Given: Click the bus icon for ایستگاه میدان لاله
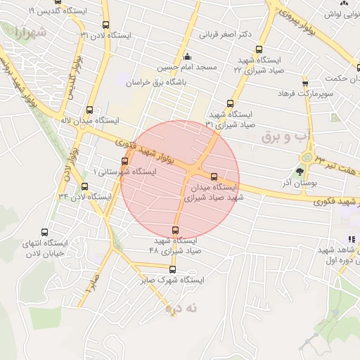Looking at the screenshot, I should click(x=89, y=110).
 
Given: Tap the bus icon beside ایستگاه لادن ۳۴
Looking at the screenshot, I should click(x=85, y=187).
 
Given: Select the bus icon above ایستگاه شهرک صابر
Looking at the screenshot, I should click(x=172, y=269).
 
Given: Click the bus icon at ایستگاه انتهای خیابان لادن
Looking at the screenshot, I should click(x=46, y=233).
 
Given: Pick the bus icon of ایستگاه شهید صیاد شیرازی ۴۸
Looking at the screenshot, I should click(x=176, y=230).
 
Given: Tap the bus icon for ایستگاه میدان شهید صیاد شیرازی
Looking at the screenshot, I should click(x=214, y=178).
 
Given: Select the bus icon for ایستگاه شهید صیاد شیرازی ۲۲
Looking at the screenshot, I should click(x=259, y=50).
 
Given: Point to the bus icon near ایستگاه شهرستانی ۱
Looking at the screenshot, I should click(x=124, y=162).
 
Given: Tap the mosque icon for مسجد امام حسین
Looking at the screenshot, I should click(x=186, y=57).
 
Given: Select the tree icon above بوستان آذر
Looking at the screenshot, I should click(x=301, y=171).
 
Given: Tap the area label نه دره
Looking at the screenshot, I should click(x=183, y=308).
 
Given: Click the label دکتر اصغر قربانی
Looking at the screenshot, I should click(x=225, y=33).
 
